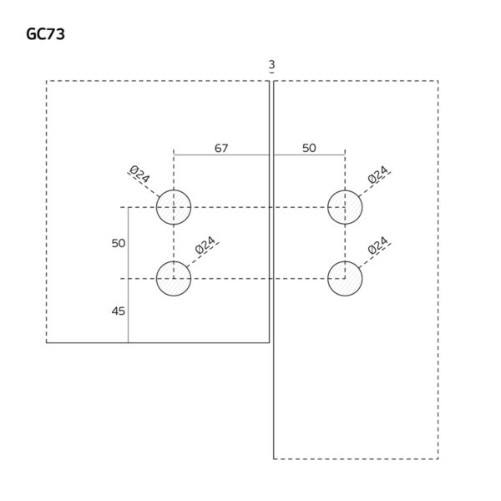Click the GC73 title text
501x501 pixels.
pos(47,34)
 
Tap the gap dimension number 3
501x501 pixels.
pos(272,65)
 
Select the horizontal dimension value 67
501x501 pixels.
pos(221,148)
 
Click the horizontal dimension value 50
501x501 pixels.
pos(309,148)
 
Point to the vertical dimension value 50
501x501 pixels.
pos(118,243)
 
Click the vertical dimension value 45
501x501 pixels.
pos(118,311)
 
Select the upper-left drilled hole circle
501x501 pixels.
pos(174,207)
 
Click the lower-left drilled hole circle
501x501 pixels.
pos(174,278)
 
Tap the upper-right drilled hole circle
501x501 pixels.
pos(345,207)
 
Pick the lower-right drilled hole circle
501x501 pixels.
pos(345,278)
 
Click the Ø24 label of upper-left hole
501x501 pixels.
pos(139,175)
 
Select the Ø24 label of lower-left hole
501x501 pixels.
pos(205,246)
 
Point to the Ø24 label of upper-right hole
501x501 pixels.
pos(378,175)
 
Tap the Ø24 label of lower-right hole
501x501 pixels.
pos(378,245)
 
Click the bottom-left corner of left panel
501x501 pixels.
pos(47,342)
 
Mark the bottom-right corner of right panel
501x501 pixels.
pos(438,458)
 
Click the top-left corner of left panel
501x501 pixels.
pos(47,81)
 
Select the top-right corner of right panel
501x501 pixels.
pos(438,81)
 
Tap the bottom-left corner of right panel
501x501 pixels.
pos(274,458)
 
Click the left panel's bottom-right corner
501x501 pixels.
pos(269,342)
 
